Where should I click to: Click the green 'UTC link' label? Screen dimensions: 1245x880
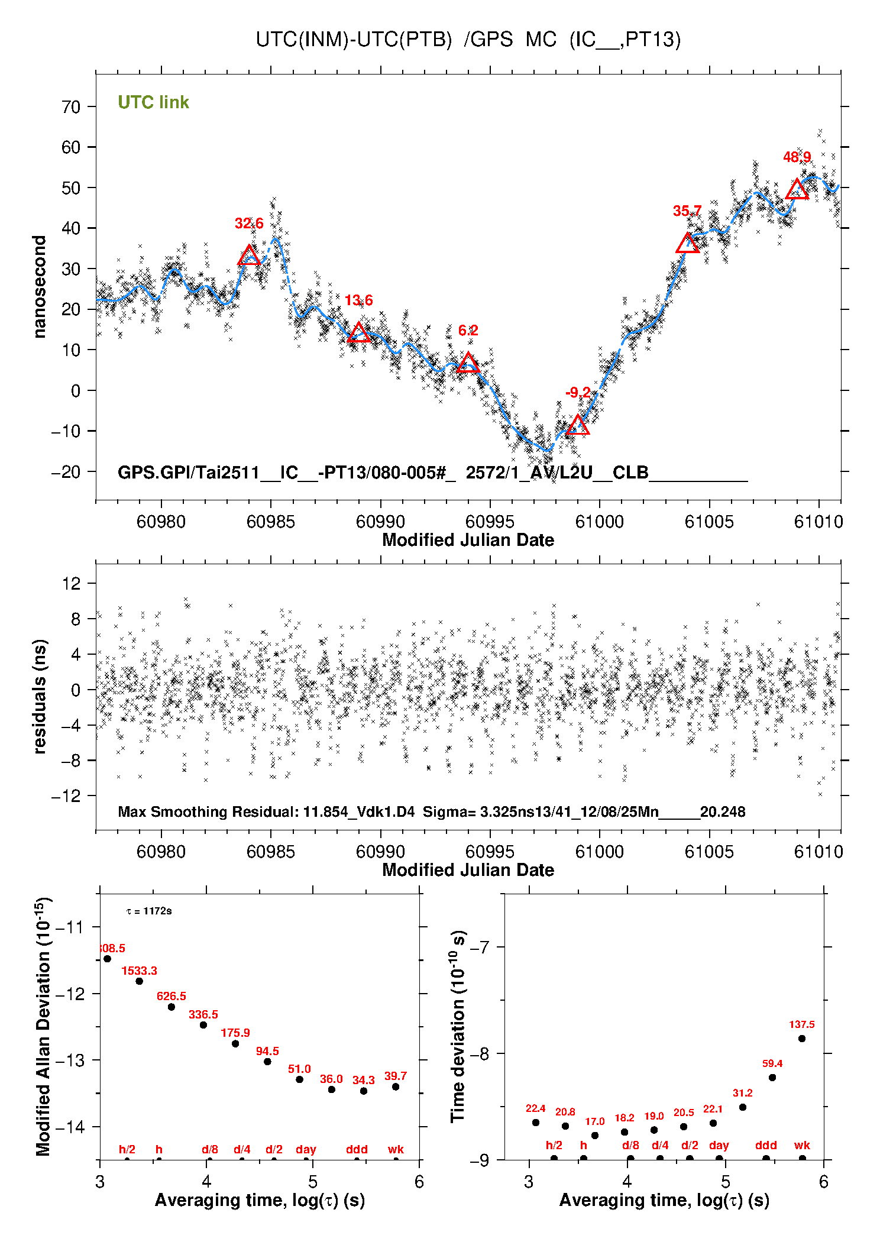(153, 102)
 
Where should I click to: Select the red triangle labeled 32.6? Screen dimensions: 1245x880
(249, 256)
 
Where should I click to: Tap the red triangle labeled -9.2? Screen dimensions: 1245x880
(578, 425)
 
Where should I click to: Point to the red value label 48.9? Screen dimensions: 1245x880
(797, 157)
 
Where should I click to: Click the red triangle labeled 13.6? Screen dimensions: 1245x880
(358, 333)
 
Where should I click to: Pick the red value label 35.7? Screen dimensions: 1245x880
(687, 211)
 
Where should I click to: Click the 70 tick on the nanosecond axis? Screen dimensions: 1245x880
(71, 107)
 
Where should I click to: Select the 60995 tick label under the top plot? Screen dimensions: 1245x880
(490, 522)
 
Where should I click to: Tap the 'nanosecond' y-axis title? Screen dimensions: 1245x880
(39, 287)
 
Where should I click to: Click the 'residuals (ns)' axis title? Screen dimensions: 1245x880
(39, 696)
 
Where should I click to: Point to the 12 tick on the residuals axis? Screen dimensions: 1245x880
(71, 584)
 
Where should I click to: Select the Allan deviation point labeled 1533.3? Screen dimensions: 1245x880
(140, 981)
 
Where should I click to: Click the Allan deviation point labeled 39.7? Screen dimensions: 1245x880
(396, 1086)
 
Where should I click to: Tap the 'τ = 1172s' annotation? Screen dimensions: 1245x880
(149, 911)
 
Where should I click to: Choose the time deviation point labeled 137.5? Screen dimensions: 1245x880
(802, 1039)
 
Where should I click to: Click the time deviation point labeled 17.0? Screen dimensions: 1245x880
(595, 1135)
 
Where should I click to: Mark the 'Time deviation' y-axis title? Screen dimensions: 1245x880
(458, 1026)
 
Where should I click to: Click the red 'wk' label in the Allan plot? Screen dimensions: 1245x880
(396, 1149)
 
